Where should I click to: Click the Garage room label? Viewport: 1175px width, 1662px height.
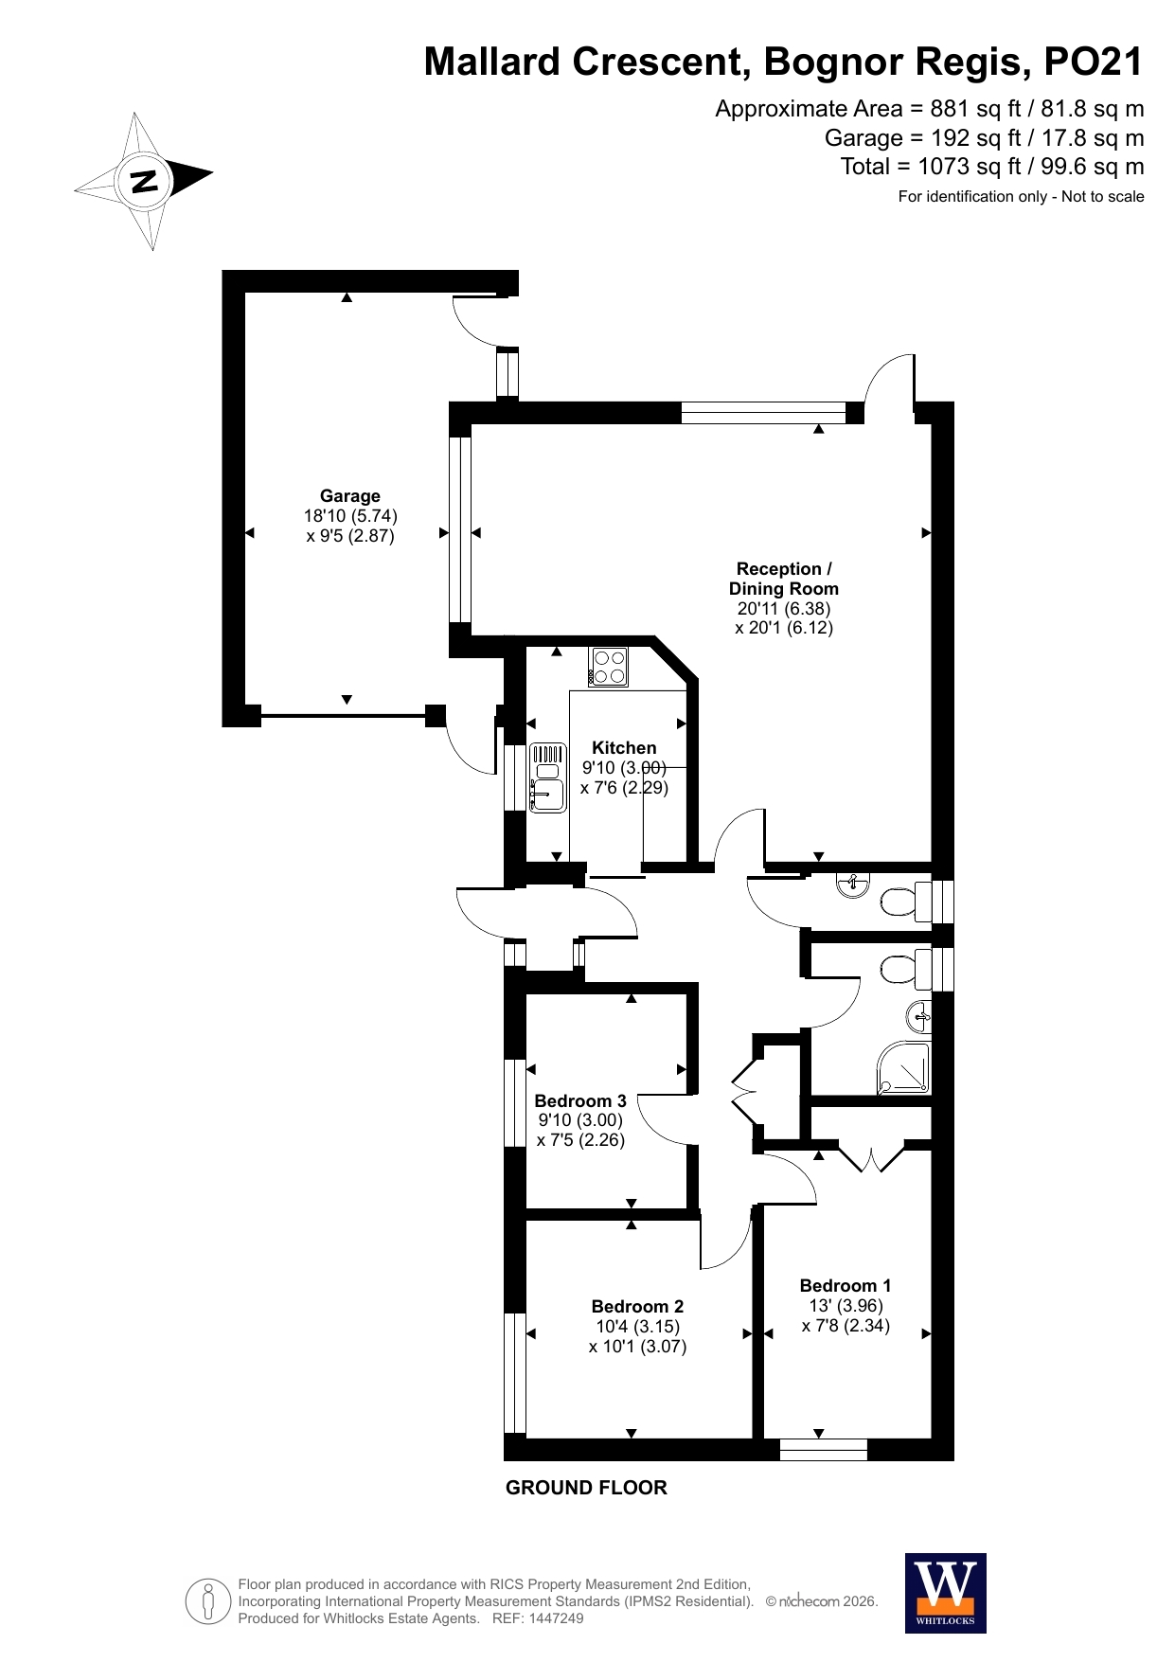[349, 495]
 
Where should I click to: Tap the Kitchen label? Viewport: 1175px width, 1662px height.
[624, 747]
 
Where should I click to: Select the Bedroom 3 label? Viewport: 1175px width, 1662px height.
[580, 1100]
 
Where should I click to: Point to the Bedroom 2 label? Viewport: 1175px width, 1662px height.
[637, 1306]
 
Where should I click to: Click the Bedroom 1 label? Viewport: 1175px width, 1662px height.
[846, 1285]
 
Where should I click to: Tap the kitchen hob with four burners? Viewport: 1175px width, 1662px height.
[608, 666]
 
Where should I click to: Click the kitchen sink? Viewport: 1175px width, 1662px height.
[548, 777]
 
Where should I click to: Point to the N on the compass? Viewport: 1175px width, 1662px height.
[144, 180]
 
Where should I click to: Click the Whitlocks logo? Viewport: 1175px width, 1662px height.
[946, 1593]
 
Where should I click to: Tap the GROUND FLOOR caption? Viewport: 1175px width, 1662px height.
[586, 1488]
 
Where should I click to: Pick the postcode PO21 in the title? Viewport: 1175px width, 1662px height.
[1093, 62]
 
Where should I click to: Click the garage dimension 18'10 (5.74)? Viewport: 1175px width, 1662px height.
[350, 516]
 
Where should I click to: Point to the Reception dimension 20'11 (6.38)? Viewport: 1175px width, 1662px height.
[784, 608]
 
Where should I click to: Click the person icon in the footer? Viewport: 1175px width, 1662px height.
[208, 1601]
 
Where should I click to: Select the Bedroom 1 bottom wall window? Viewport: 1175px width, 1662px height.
[824, 1450]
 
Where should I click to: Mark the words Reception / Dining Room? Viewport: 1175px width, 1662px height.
[784, 579]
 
